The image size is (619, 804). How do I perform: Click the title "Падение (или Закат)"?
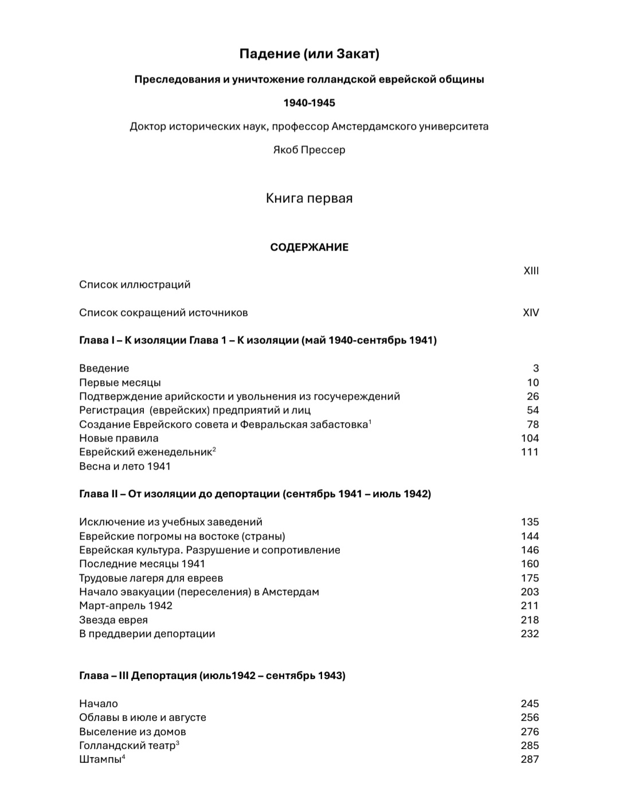tap(309, 54)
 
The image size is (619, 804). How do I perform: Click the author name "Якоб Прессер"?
tap(309, 150)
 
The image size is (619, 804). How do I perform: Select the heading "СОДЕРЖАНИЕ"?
tap(309, 247)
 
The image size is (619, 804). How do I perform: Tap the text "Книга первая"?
tap(309, 198)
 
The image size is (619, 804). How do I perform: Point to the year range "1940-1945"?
tap(309, 103)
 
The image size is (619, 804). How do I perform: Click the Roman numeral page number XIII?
tap(531, 271)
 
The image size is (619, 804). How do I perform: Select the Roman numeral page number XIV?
tap(531, 313)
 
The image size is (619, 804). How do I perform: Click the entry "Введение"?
tap(104, 368)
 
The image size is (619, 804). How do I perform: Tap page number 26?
tap(532, 396)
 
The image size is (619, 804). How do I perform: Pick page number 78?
tap(532, 424)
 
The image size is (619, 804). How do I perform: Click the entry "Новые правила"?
tap(119, 438)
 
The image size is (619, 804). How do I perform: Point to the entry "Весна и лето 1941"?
tap(125, 466)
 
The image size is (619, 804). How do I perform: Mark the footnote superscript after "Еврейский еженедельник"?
tap(214, 450)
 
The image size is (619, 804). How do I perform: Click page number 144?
tap(530, 536)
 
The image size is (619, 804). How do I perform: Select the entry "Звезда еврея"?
tap(113, 620)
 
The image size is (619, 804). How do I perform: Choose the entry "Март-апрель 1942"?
tap(126, 606)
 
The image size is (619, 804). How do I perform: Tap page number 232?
tap(530, 634)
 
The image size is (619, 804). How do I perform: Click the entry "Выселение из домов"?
tap(132, 732)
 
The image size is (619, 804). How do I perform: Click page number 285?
tap(530, 746)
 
